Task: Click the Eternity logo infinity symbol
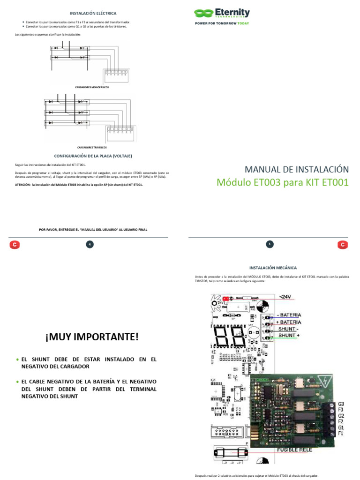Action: [203, 14]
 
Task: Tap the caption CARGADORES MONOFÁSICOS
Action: [92, 87]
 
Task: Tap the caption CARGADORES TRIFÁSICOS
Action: [92, 147]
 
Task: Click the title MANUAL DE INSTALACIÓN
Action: [297, 169]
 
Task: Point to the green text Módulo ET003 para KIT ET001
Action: [282, 182]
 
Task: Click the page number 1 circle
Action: [270, 244]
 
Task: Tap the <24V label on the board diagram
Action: [287, 296]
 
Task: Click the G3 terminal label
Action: [341, 404]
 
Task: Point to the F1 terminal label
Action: [341, 434]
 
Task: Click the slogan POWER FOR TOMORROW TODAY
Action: [222, 23]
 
